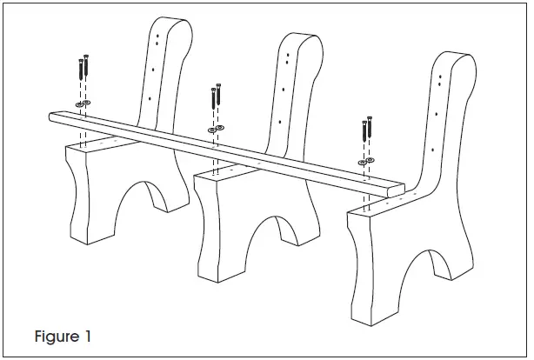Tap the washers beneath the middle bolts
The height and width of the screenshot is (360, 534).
[215, 130]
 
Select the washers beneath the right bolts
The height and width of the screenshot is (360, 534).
[367, 162]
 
